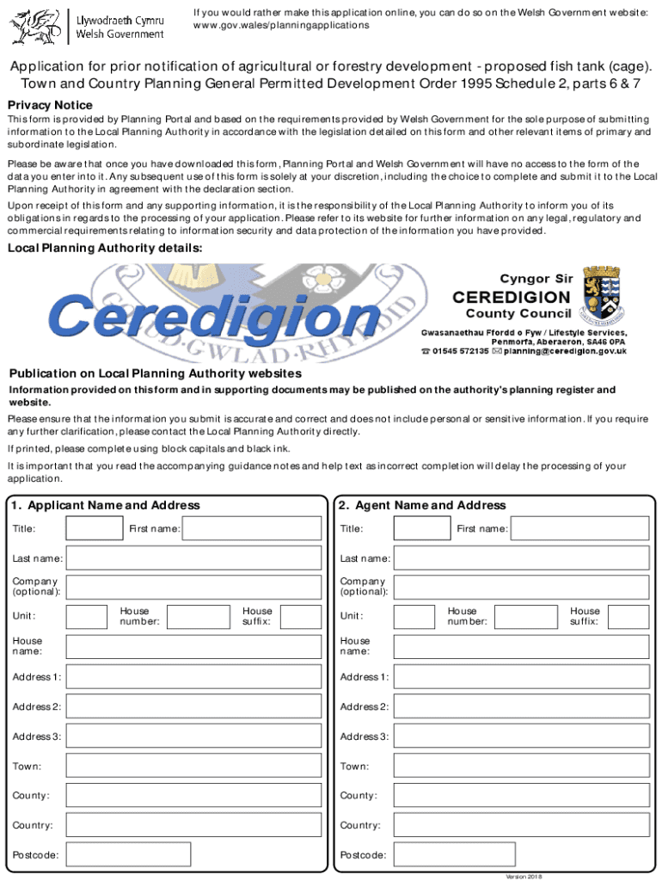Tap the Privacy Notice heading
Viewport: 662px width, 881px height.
point(50,105)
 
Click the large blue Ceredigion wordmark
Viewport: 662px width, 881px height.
point(215,316)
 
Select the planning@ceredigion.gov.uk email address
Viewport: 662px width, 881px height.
point(565,351)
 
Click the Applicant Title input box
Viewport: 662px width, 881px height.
point(95,528)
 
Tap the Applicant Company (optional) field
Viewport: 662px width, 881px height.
point(193,588)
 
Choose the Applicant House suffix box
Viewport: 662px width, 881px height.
point(300,617)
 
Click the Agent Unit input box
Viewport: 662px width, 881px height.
point(414,617)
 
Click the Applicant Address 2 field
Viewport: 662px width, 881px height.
point(193,706)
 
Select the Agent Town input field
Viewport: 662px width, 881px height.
point(521,766)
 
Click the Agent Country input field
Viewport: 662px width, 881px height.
point(521,825)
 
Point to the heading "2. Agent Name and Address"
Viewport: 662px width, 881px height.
point(421,505)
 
